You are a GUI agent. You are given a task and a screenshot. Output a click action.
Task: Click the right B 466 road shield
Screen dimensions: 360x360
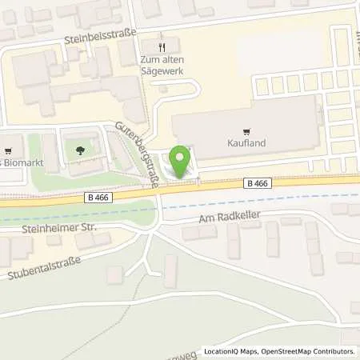pos(256,183)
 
